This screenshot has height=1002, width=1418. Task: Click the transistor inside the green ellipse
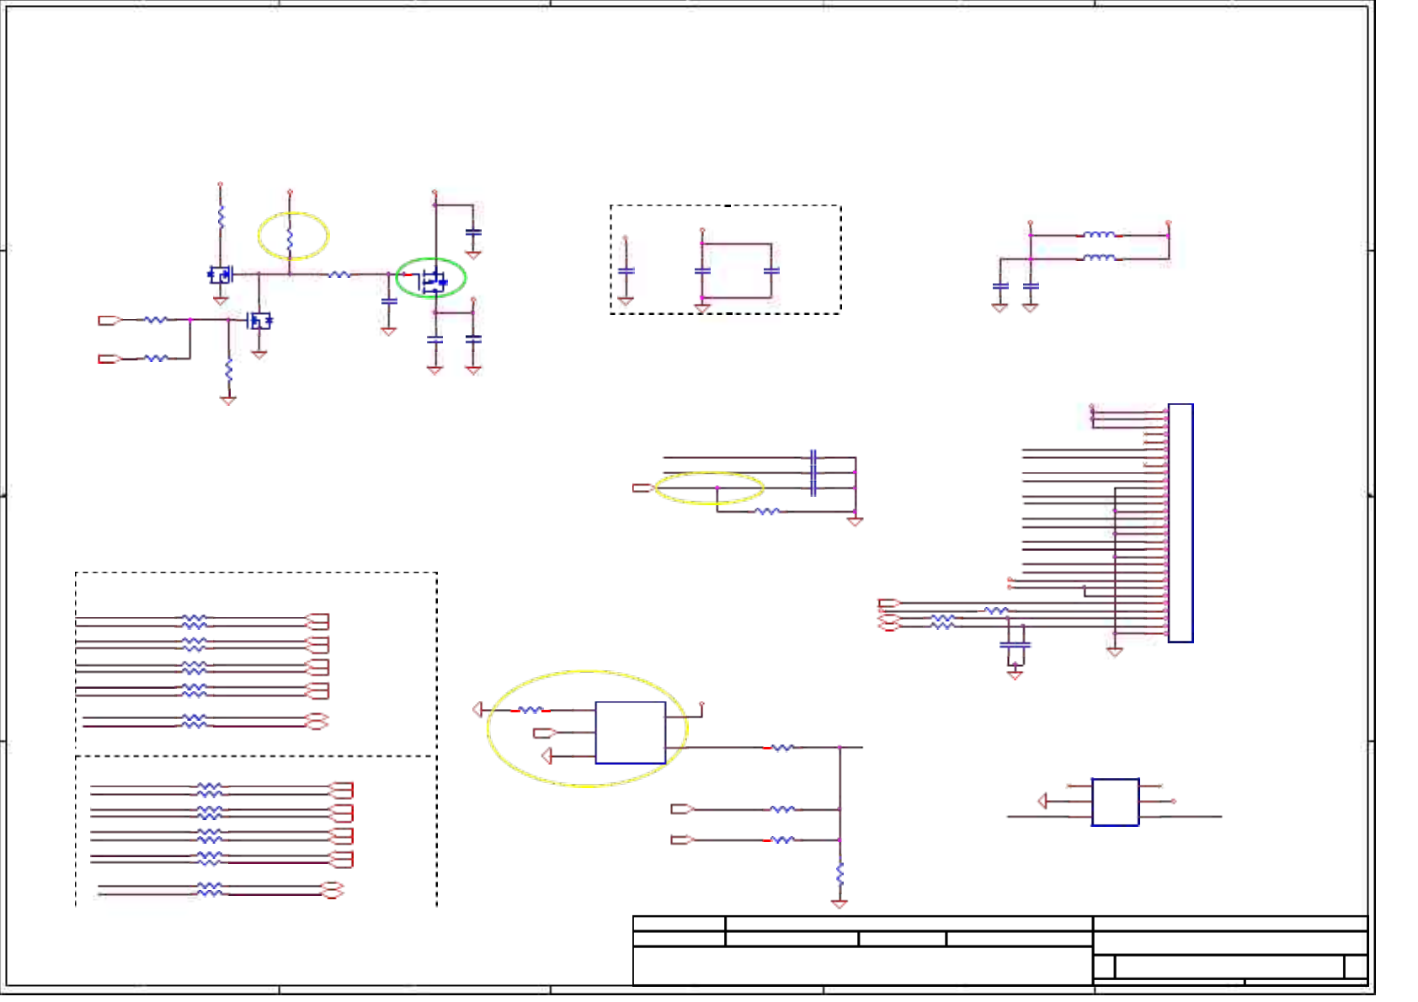pos(434,280)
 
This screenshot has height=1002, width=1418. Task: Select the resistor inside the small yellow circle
pos(290,238)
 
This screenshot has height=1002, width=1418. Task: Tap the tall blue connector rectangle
pos(1181,523)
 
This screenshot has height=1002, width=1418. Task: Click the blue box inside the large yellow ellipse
pos(630,733)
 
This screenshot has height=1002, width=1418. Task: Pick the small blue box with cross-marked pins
pos(1115,802)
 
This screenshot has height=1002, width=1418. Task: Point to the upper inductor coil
pos(1099,235)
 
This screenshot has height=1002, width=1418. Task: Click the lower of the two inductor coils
pos(1099,258)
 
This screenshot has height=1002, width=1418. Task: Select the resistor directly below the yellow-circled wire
pos(767,511)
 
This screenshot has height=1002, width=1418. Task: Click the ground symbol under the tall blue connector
pos(1114,652)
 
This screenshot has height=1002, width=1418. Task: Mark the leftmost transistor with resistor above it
pos(221,274)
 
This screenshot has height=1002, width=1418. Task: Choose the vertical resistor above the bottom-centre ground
pos(840,873)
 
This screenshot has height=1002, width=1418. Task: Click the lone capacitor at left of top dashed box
pos(626,271)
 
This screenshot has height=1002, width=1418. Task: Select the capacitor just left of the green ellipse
pos(388,301)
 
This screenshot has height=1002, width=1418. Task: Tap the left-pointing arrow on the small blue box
pos(1042,801)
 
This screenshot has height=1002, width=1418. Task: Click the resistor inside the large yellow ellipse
pos(530,711)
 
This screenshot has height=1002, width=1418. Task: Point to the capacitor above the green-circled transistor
pos(473,232)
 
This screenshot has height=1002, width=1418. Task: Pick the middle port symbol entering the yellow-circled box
pos(544,733)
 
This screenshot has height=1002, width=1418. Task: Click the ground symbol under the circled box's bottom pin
pos(546,756)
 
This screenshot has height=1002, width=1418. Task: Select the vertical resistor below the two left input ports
pos(228,369)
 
